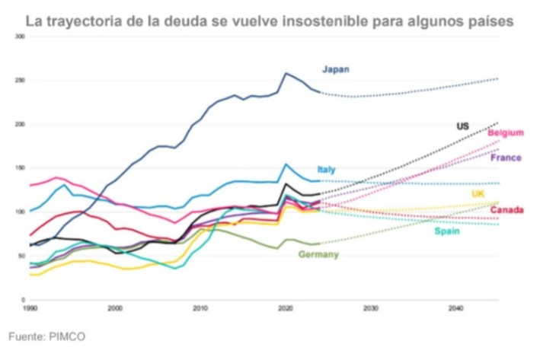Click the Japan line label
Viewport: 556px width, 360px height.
(x=335, y=70)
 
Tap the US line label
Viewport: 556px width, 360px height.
(x=462, y=126)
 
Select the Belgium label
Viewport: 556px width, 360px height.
(x=506, y=133)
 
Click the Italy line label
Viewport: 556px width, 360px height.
(x=327, y=169)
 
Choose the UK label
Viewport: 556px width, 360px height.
(x=478, y=194)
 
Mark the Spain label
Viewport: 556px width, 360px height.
(x=447, y=231)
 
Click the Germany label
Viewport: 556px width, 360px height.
(x=318, y=254)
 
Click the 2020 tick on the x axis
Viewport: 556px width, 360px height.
(x=286, y=308)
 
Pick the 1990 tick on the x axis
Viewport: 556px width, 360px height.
(x=30, y=308)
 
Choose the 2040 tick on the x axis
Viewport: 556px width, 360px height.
(x=456, y=308)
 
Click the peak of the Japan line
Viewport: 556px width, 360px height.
(x=286, y=73)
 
